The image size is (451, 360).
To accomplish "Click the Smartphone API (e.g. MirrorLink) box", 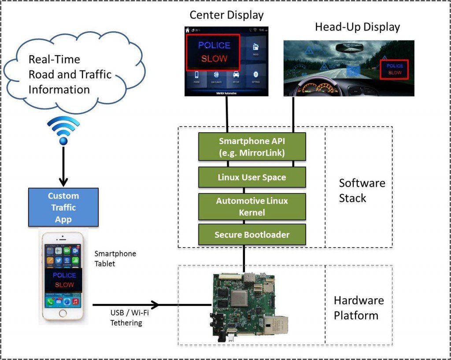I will pyautogui.click(x=252, y=147).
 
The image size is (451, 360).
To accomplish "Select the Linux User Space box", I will pyautogui.click(x=252, y=177).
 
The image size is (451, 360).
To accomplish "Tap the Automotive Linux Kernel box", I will pyautogui.click(x=252, y=206).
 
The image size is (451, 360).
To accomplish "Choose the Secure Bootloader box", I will pyautogui.click(x=252, y=234).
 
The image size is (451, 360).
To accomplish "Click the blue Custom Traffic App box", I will pyautogui.click(x=63, y=207).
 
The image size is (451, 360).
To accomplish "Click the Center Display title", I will pyautogui.click(x=226, y=15).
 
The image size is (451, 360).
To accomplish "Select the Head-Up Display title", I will pyautogui.click(x=357, y=27).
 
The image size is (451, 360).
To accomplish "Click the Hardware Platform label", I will pyautogui.click(x=359, y=308).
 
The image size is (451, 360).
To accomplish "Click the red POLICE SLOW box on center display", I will pyautogui.click(x=213, y=52).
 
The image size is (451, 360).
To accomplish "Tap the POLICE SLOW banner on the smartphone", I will pyautogui.click(x=64, y=280).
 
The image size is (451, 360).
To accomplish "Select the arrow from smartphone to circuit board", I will pyautogui.click(x=150, y=304).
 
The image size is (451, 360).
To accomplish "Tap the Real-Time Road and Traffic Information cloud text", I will pyautogui.click(x=70, y=74).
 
